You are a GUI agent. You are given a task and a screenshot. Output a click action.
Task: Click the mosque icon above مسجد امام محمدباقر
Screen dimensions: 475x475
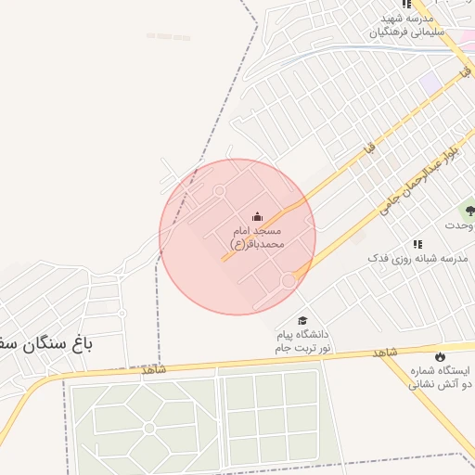pos(257,216)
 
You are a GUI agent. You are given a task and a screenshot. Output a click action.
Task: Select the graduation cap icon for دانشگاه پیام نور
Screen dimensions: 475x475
pos(302,320)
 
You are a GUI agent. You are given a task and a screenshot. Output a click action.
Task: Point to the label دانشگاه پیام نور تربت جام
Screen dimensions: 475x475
pos(302,340)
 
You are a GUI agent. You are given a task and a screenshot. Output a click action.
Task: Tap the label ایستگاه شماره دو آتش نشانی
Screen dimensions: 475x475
pos(442,375)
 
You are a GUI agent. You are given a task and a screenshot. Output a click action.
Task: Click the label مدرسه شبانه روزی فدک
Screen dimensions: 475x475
pos(406,256)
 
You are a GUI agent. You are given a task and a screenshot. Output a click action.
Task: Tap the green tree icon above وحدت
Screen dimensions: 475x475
pos(469,212)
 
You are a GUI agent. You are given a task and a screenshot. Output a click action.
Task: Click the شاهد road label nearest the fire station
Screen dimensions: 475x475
pos(385,353)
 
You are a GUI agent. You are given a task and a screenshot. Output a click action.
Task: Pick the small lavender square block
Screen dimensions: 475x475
pos(430,82)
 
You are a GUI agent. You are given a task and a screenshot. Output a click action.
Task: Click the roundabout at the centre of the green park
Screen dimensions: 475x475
pos(148,428)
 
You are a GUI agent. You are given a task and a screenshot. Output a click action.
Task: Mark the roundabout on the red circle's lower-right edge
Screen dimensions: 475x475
pos(289,278)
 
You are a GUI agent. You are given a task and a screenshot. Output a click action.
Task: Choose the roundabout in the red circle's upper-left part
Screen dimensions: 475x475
pos(220,191)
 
